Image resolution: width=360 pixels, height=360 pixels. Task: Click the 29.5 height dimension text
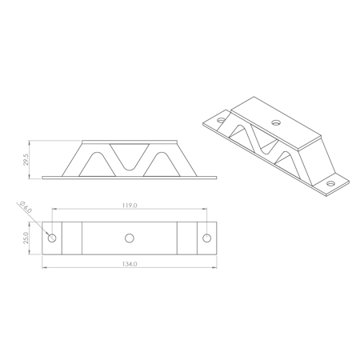[26, 159]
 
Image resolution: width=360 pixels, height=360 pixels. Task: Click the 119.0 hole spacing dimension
[130, 206]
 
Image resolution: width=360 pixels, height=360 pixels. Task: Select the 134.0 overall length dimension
[130, 264]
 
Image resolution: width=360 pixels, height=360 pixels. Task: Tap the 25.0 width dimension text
[26, 238]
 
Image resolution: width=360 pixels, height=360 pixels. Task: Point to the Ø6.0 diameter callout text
[26, 206]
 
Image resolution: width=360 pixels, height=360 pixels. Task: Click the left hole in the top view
[52, 238]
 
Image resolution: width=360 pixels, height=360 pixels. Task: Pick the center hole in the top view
[130, 238]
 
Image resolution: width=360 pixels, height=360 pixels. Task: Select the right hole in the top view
[206, 238]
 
